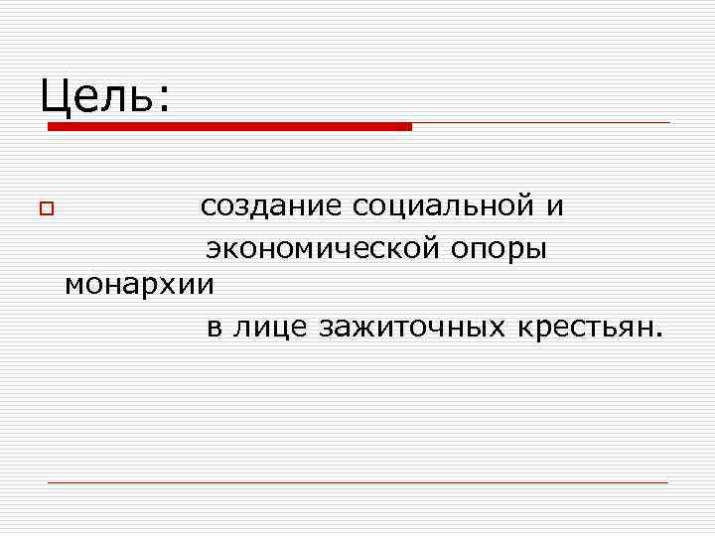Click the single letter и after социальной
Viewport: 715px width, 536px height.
(555, 206)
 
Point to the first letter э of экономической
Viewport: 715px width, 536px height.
(213, 247)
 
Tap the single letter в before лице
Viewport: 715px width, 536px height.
(214, 327)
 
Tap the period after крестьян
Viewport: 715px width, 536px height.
(654, 334)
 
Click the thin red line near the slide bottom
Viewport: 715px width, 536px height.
(357, 482)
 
